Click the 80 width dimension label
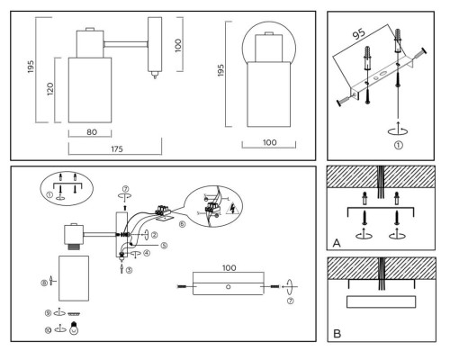coord(92,132)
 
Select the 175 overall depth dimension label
coord(117,149)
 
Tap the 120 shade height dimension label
coord(50,89)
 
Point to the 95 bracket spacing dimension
coord(358,34)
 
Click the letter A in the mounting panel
coord(337,243)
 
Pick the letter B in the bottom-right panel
coord(337,334)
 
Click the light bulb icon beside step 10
coord(74,328)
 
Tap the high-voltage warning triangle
coord(232,209)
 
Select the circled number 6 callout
coord(182,224)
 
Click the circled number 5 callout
coord(164,246)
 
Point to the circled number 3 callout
coord(129,270)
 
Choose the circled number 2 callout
coord(154,235)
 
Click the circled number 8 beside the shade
coord(44,283)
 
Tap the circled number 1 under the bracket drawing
coord(398,146)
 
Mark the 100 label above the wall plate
coord(229,268)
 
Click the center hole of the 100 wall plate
coord(229,287)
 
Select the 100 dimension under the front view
coord(270,142)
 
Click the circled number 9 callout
coord(48,313)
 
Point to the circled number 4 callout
coord(147,253)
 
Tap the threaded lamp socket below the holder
coord(74,247)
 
